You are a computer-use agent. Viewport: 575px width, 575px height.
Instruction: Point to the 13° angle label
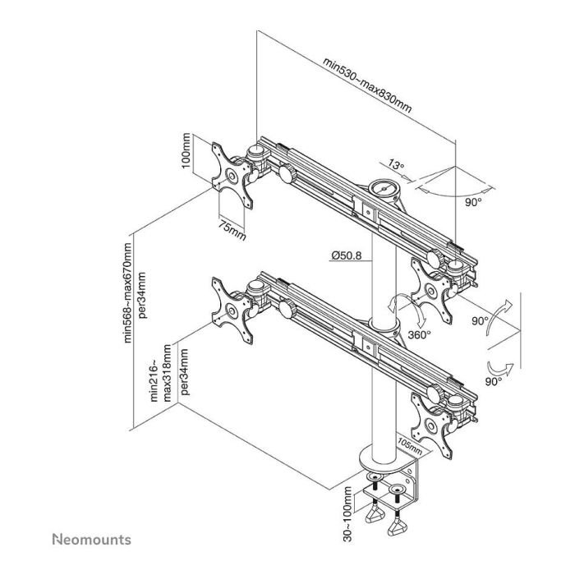pyautogui.click(x=396, y=166)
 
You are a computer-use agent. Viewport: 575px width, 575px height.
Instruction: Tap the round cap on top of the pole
pyautogui.click(x=384, y=188)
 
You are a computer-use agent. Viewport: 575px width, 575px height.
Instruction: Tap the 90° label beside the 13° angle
pyautogui.click(x=474, y=200)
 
